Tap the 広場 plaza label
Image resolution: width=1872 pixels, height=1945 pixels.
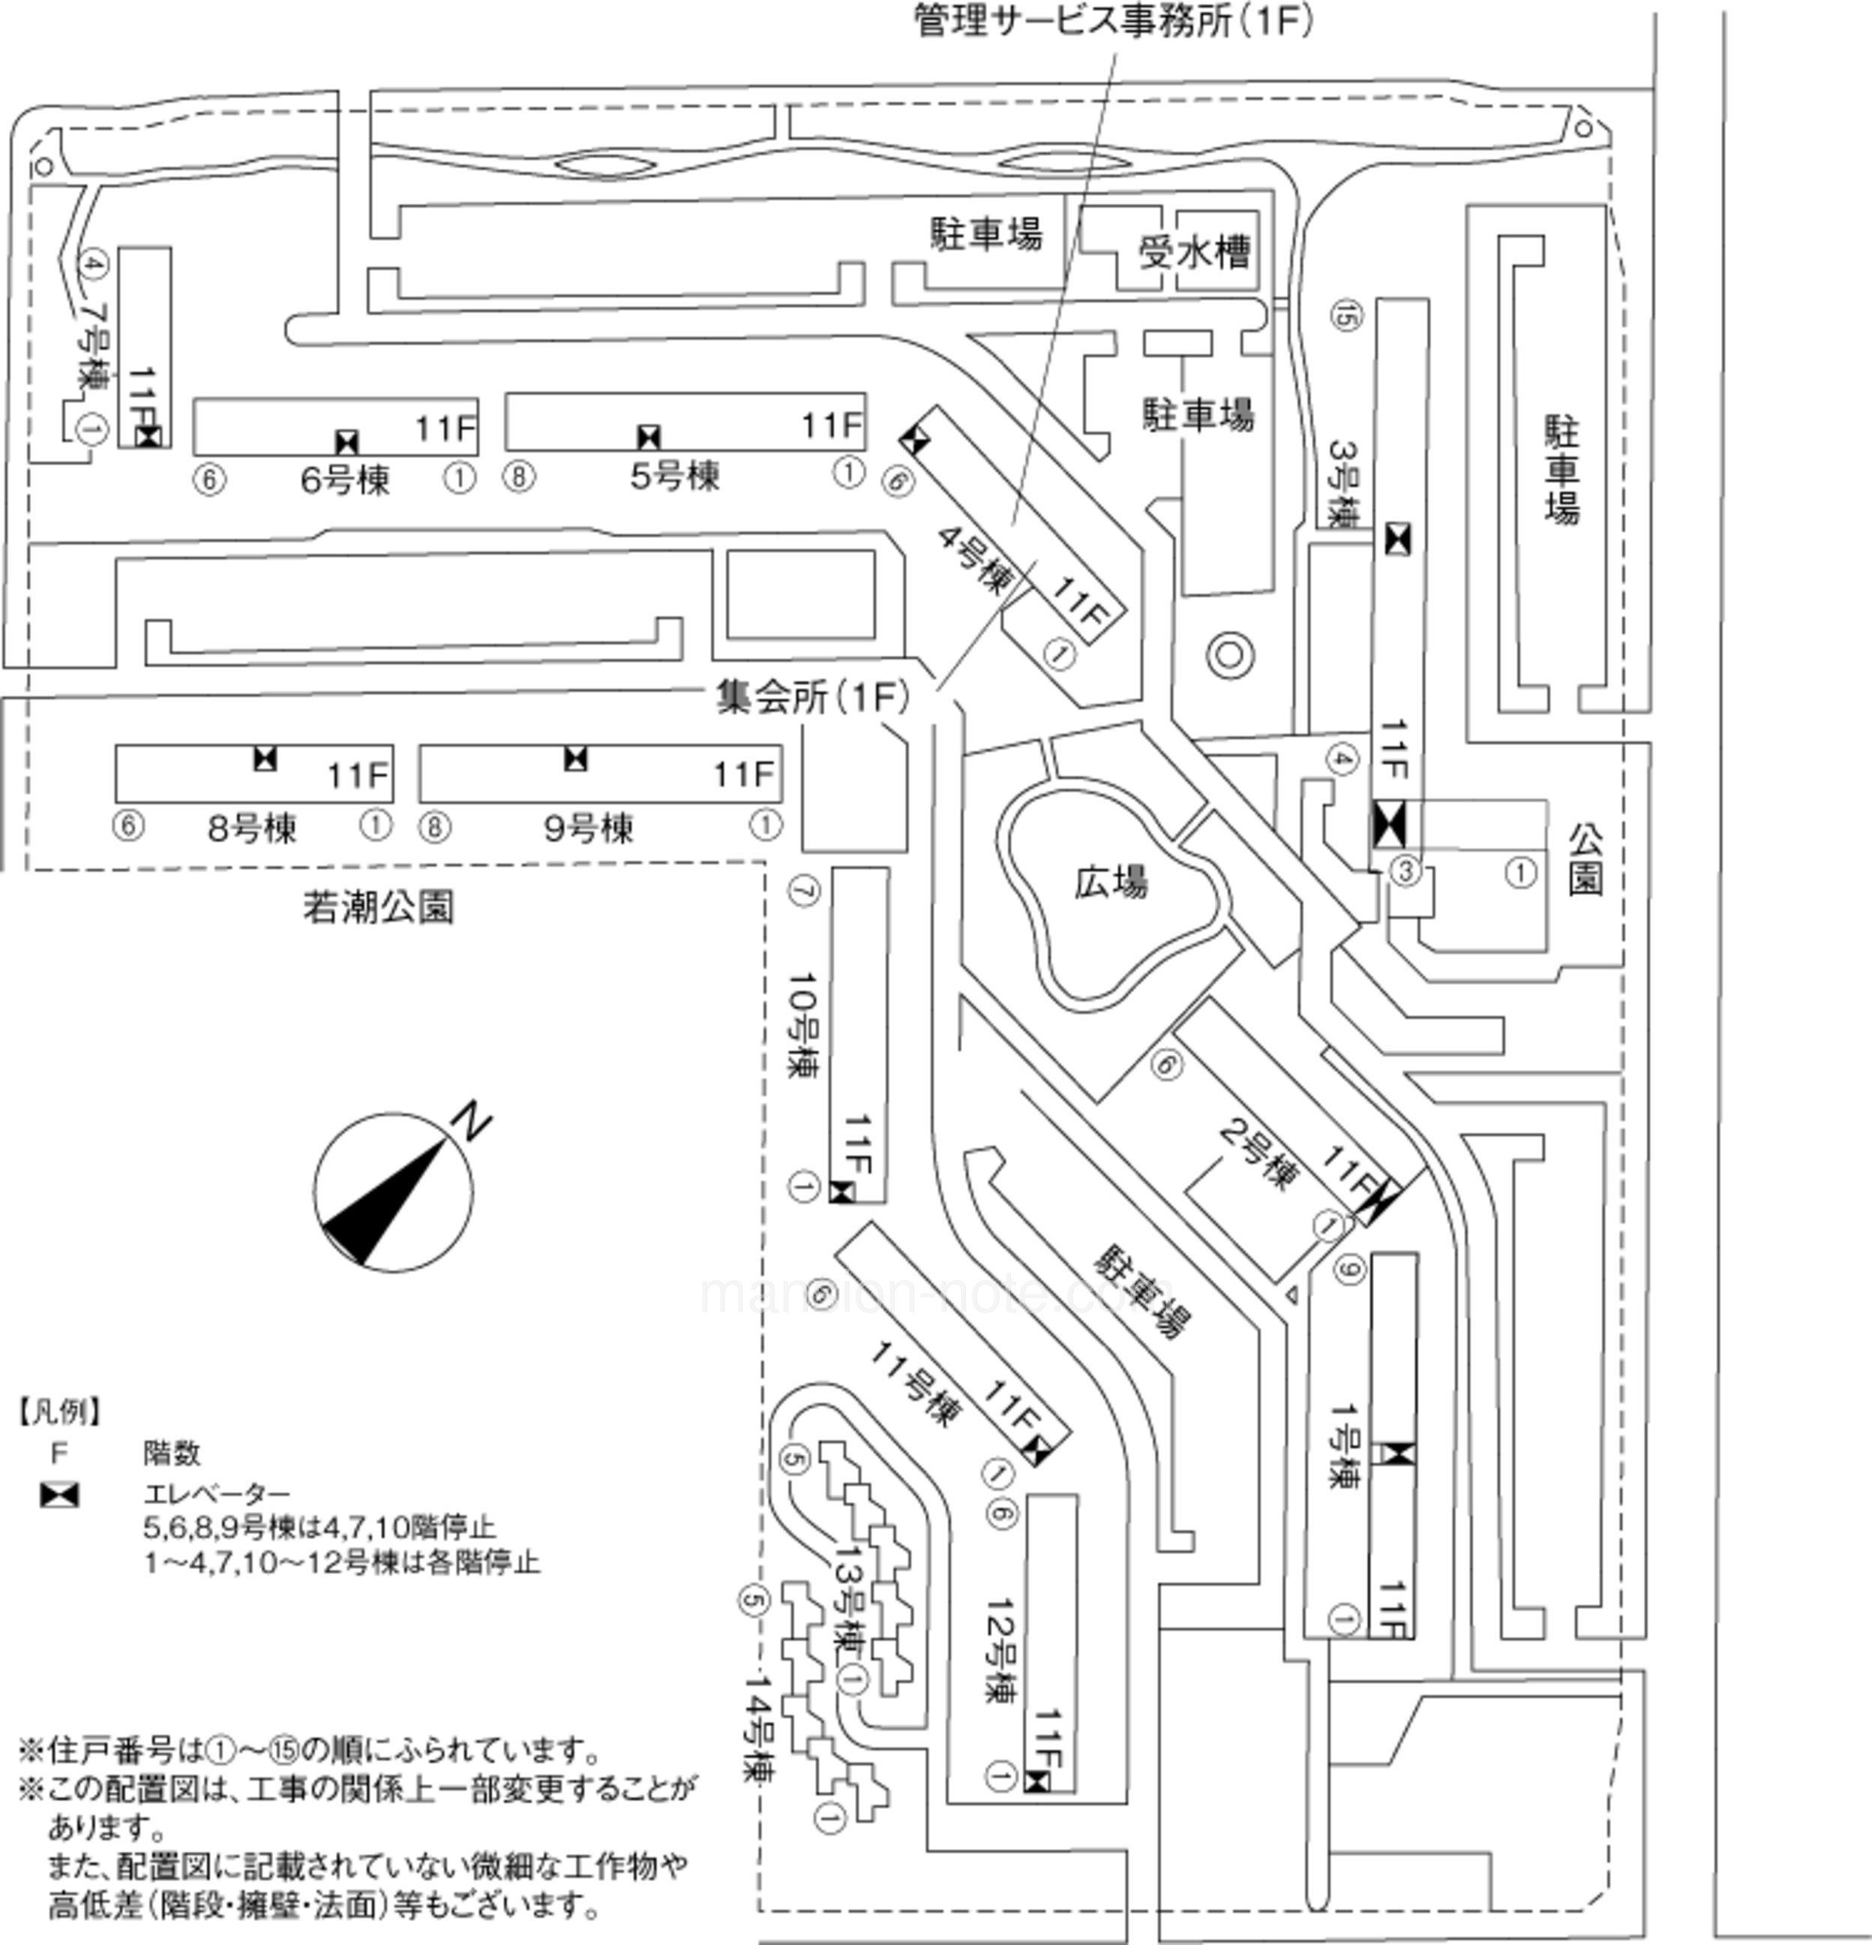tap(1111, 881)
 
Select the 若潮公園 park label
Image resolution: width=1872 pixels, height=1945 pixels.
tap(378, 907)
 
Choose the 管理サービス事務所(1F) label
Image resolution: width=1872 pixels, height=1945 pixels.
tap(1112, 22)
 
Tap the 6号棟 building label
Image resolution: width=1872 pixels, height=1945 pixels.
tap(345, 480)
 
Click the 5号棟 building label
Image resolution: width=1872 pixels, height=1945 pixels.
tap(674, 476)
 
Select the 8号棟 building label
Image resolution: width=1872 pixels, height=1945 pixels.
tap(252, 828)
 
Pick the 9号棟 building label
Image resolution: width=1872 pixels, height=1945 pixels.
tap(588, 828)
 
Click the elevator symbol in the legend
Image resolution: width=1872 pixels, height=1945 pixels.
tap(58, 1495)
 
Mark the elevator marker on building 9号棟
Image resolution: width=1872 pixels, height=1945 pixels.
tap(575, 759)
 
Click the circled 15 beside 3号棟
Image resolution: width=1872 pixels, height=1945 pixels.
tap(1347, 317)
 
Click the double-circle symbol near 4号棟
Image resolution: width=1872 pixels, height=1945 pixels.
tap(1230, 655)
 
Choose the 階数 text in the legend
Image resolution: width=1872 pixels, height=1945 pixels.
tap(172, 1453)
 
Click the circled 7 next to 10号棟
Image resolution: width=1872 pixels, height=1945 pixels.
tap(803, 891)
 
